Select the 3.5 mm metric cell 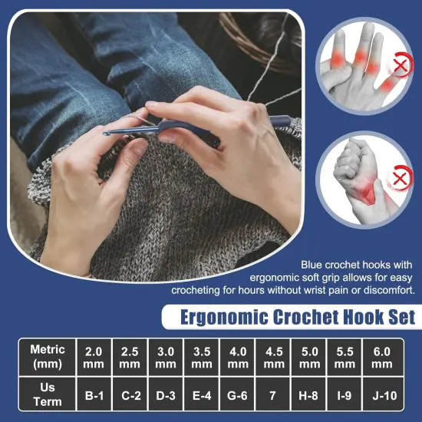pyautogui.click(x=202, y=357)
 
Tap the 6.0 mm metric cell pyautogui.click(x=381, y=357)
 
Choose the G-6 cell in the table pyautogui.click(x=238, y=396)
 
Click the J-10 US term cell pyautogui.click(x=381, y=396)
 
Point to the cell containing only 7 pyautogui.click(x=274, y=396)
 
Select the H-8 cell pyautogui.click(x=310, y=396)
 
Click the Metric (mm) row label pyautogui.click(x=47, y=357)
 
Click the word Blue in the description pyautogui.click(x=313, y=262)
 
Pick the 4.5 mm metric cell pyautogui.click(x=274, y=357)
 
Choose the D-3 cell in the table pyautogui.click(x=166, y=396)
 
